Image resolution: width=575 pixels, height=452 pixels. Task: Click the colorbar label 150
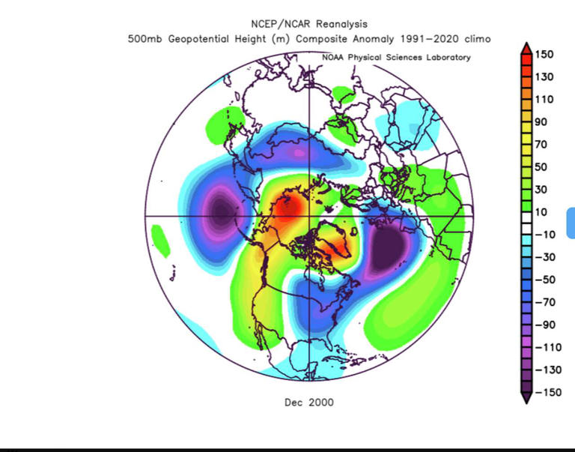pos(545,55)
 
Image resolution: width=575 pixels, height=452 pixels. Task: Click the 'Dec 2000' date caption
pos(309,403)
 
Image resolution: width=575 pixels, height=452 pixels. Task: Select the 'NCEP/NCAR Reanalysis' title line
pos(309,25)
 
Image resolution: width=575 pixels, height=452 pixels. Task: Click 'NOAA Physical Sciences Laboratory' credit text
pos(396,58)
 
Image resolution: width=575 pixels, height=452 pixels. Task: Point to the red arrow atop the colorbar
pos(526,47)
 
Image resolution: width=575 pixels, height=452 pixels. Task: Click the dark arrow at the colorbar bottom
pos(526,398)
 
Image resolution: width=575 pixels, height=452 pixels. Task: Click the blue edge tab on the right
pos(571,225)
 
